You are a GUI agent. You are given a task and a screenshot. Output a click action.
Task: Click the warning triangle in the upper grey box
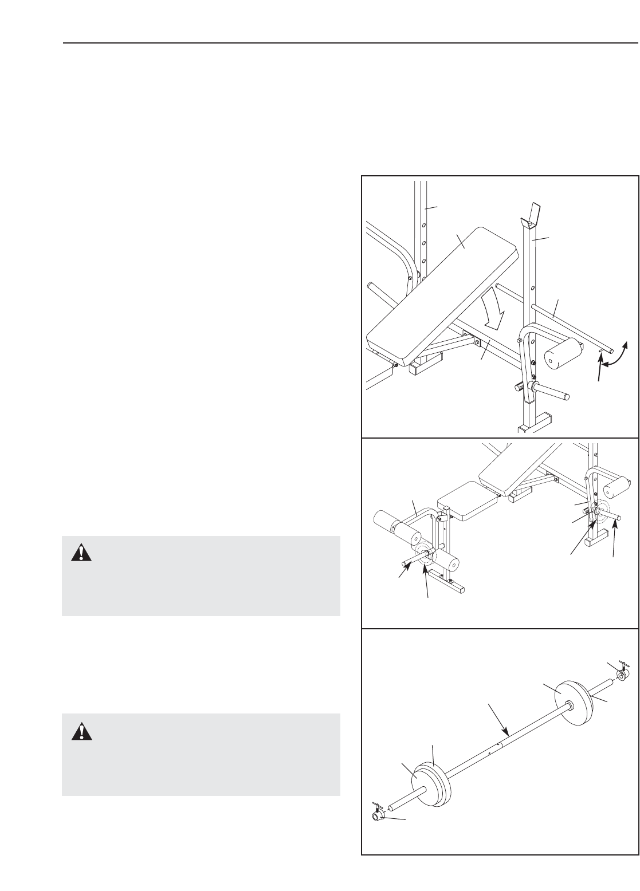81,552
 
